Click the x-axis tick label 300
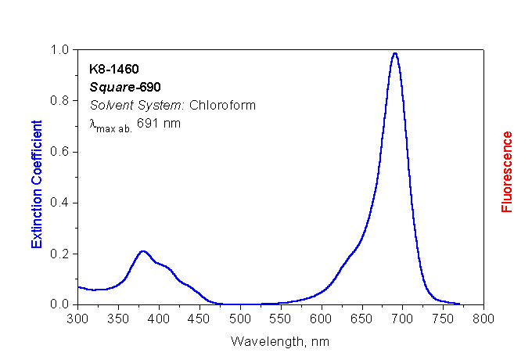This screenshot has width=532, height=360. [77, 319]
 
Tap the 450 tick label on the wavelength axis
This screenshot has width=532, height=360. [199, 319]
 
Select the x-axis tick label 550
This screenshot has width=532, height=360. [280, 319]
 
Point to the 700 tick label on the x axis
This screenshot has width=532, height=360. [402, 319]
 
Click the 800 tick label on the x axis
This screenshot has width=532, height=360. [483, 319]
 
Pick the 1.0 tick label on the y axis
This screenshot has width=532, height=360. [61, 50]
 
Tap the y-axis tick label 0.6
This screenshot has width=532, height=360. [61, 152]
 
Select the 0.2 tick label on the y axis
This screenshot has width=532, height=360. [61, 254]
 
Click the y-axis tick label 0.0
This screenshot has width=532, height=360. [61, 304]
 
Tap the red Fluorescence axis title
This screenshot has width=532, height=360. [507, 171]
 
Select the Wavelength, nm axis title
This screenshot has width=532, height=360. [279, 341]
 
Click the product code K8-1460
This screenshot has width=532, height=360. [115, 70]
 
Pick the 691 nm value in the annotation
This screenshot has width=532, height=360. [159, 122]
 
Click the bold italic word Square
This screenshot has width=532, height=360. [110, 87]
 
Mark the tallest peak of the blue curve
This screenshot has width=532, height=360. [395, 53]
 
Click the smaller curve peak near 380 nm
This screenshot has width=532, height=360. [142, 251]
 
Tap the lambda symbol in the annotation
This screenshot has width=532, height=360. [93, 124]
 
